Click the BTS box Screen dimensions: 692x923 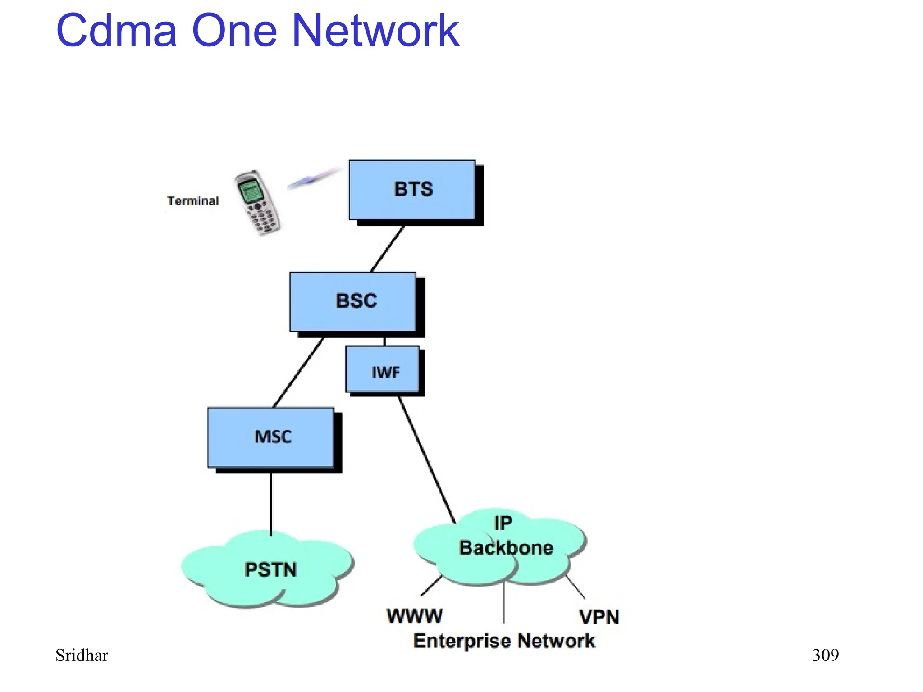click(412, 190)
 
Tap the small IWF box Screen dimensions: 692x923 click(383, 369)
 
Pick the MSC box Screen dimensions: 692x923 click(271, 437)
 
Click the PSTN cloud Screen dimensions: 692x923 click(269, 570)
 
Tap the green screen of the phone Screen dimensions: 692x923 click(251, 189)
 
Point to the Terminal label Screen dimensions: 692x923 click(193, 201)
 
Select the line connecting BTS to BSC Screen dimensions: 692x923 click(387, 249)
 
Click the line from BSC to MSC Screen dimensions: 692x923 click(298, 372)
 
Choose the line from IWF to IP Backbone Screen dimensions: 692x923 click(426, 459)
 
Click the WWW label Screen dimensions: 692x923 click(415, 616)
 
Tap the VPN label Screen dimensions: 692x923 click(599, 617)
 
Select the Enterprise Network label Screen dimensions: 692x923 click(504, 641)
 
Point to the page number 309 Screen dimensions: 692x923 click(825, 655)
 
